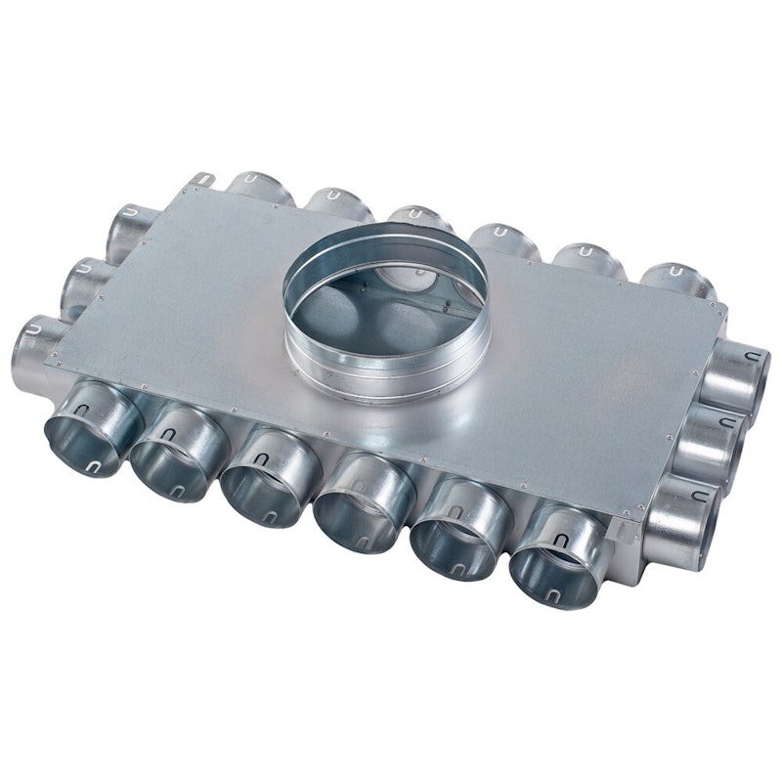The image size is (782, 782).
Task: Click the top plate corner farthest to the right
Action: [725, 310]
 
